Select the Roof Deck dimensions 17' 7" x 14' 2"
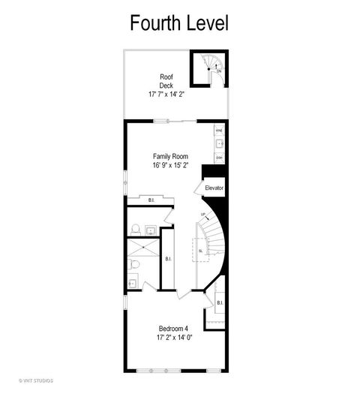tap(167, 95)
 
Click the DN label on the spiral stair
tap(218, 70)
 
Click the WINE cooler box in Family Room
tap(219, 130)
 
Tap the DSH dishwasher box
tap(219, 158)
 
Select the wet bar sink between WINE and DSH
tap(219, 143)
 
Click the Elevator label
tap(214, 187)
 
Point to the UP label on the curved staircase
tap(202, 215)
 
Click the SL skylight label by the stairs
tap(200, 251)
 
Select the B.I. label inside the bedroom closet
tap(220, 302)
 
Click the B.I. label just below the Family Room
tap(151, 200)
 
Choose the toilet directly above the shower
tap(136, 230)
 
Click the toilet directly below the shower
tap(133, 264)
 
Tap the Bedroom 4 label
tap(173, 328)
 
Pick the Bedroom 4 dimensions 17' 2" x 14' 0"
tap(173, 338)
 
